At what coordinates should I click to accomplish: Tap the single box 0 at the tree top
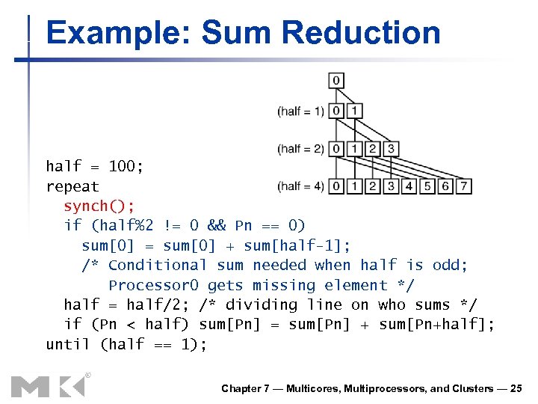336,79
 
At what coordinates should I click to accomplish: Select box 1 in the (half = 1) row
354,111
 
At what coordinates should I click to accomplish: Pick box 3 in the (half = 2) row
389,148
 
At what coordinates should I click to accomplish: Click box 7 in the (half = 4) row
463,186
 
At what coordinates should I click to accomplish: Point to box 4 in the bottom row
409,186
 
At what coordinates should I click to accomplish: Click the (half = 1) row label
300,111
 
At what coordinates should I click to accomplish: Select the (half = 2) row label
300,149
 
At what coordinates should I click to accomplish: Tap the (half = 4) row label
300,186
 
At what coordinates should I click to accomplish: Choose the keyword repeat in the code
72,186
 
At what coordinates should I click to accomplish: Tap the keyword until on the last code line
68,344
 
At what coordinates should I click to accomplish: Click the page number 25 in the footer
516,388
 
